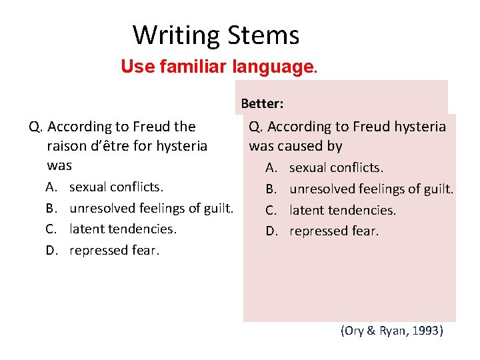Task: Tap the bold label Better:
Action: click(x=262, y=103)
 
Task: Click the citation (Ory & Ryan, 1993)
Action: click(x=391, y=330)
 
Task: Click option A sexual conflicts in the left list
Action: click(x=111, y=187)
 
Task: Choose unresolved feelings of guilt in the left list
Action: click(x=151, y=208)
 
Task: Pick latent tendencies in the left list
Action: click(x=123, y=229)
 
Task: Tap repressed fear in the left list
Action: click(x=115, y=250)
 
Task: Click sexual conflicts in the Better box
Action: click(x=336, y=168)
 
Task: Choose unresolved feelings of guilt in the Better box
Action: click(x=371, y=189)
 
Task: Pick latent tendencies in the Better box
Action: click(x=343, y=210)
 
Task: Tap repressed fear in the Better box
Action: click(x=334, y=231)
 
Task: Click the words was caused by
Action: click(x=295, y=145)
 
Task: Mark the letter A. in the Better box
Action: click(x=271, y=168)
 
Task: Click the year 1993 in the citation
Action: click(x=425, y=330)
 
